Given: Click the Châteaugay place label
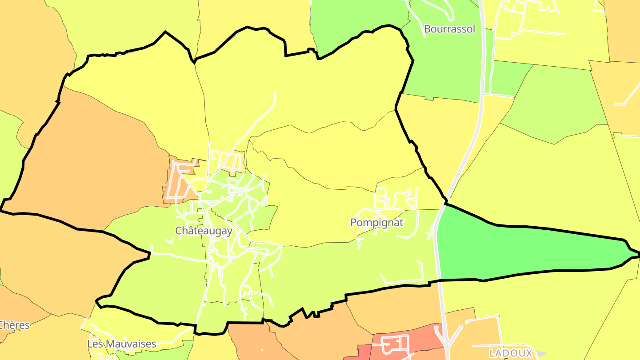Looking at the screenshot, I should tap(204, 231).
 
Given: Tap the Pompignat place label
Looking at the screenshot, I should tap(376, 222).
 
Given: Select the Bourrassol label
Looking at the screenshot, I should tap(449, 29).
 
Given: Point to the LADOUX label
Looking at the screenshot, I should tap(511, 353).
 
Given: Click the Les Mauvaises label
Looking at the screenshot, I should tap(121, 344).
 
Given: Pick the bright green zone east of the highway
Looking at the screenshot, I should tap(524, 249).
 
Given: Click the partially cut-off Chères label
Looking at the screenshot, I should tap(14, 325).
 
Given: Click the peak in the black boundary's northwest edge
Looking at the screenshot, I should tap(165, 32).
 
